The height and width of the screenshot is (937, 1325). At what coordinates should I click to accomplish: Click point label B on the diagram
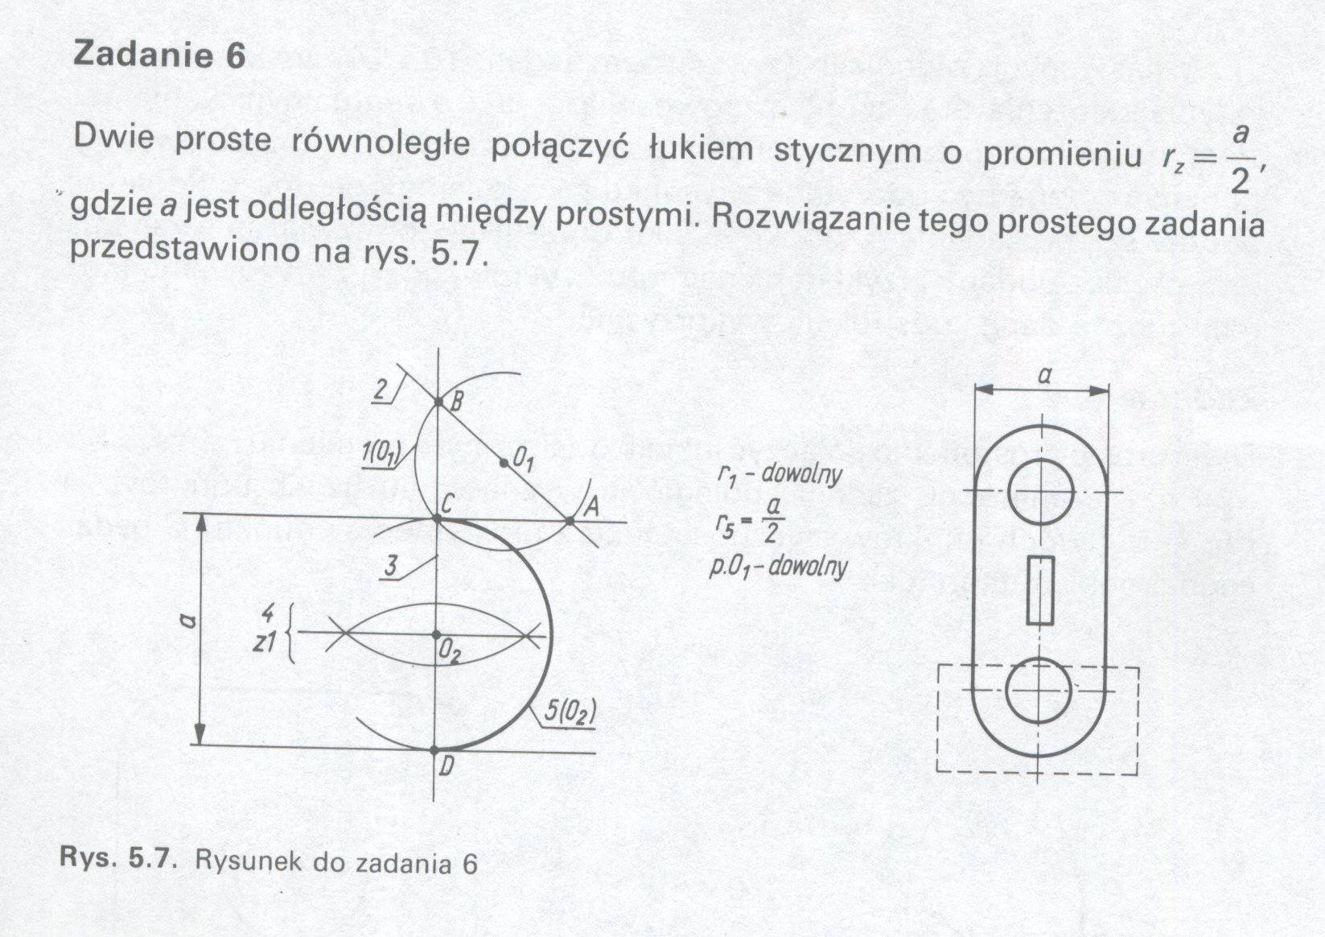(455, 401)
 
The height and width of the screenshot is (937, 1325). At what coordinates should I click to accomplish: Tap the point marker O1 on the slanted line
(504, 463)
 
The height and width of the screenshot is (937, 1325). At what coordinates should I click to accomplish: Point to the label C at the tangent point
(448, 504)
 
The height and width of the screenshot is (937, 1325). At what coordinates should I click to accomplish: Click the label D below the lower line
(446, 767)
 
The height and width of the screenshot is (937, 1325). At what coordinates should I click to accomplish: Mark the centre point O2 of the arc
(436, 635)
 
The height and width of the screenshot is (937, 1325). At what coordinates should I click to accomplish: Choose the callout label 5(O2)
(570, 712)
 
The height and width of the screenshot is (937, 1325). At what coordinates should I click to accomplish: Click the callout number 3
(391, 565)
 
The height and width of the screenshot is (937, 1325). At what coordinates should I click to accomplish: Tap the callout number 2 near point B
(381, 390)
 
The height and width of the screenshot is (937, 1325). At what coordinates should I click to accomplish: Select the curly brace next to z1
(292, 634)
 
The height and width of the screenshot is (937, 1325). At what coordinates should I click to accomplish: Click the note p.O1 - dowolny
(779, 568)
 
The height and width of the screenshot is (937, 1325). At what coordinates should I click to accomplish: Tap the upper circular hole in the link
(1040, 491)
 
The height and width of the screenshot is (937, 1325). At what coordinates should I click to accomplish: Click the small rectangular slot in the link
(1040, 590)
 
